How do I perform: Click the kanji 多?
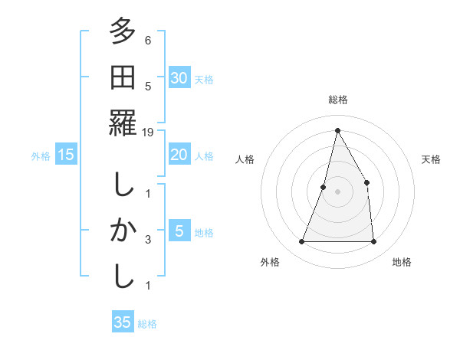[122, 32]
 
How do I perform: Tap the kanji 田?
[122, 77]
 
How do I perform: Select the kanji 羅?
[122, 123]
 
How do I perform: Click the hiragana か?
[122, 230]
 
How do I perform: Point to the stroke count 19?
[149, 132]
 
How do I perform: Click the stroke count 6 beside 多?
[148, 41]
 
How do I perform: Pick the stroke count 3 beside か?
[148, 240]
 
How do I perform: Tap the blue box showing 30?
[179, 78]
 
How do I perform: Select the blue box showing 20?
[179, 155]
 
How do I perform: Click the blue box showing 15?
[66, 155]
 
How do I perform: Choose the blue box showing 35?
[123, 322]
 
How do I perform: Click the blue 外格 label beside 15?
[41, 155]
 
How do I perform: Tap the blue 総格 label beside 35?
[147, 324]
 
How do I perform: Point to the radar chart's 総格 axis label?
[338, 100]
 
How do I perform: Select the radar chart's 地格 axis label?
[402, 262]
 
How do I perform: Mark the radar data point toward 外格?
[302, 242]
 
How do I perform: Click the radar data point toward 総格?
[337, 130]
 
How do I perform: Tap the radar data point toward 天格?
[367, 182]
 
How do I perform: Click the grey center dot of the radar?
[337, 191]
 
